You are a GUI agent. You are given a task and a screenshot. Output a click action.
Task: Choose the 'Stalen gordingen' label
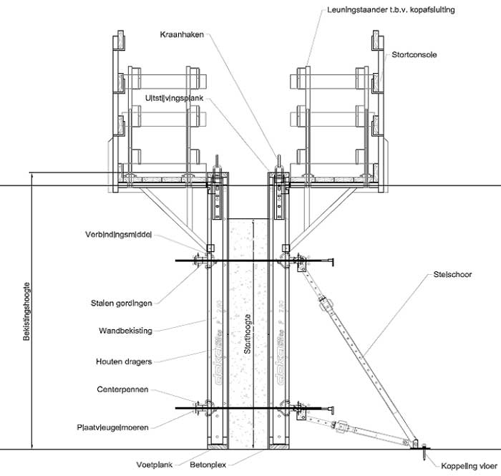tap(122, 303)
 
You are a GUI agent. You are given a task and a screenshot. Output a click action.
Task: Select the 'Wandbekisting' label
tap(125, 331)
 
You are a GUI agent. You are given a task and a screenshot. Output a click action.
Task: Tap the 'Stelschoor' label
tap(453, 273)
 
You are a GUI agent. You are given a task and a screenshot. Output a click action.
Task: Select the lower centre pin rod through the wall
tap(250, 409)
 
